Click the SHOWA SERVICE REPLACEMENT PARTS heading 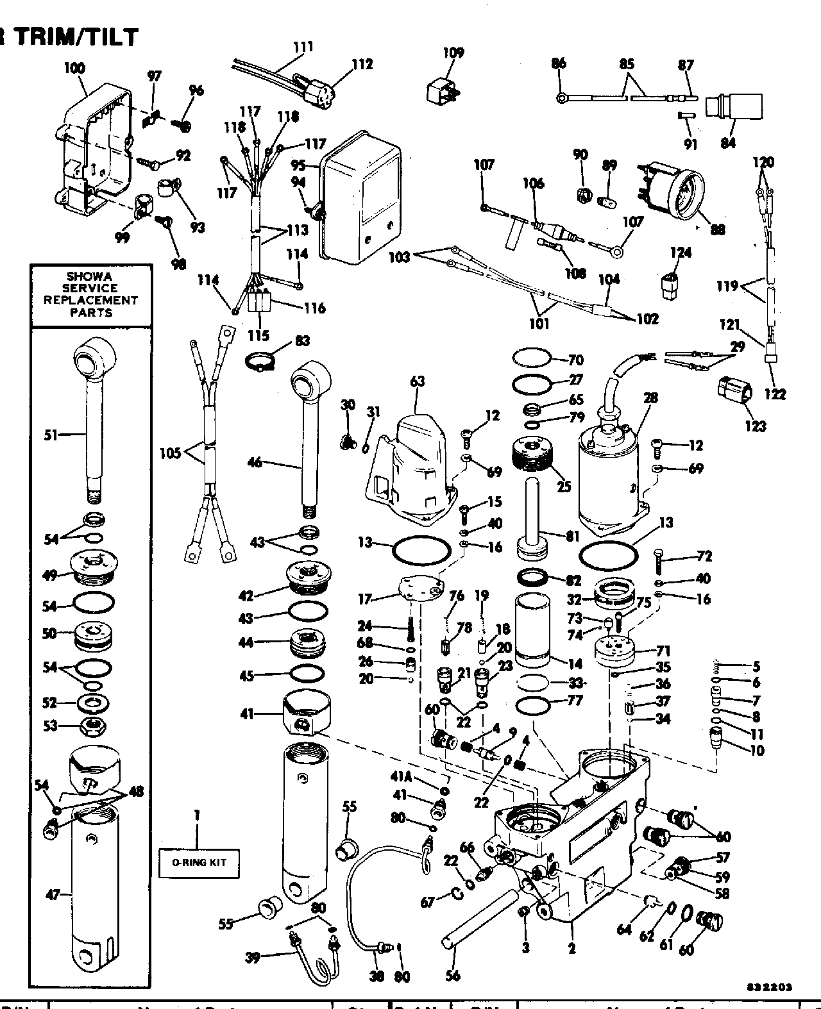click(91, 295)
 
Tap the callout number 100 click(74, 69)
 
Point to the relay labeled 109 click(443, 89)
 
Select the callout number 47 click(53, 895)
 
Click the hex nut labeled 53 click(92, 727)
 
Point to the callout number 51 click(51, 435)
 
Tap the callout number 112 click(362, 63)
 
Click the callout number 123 click(755, 425)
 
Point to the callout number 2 click(571, 947)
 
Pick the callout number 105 click(171, 454)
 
